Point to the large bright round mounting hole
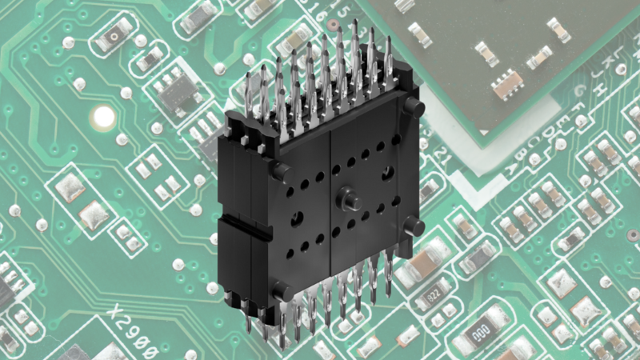pyautogui.click(x=103, y=118)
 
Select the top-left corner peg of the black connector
pyautogui.click(x=279, y=169)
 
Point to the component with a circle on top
pyautogui.click(x=116, y=32)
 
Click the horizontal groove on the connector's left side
pyautogui.click(x=240, y=225)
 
